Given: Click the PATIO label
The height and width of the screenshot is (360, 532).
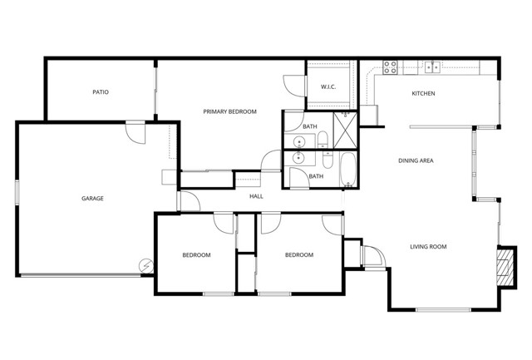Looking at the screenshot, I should [101, 92].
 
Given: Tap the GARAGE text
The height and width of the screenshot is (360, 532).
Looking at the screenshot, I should [92, 198].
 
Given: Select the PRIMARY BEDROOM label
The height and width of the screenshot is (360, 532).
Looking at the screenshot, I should [230, 111].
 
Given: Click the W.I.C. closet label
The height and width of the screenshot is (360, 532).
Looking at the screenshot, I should [328, 87].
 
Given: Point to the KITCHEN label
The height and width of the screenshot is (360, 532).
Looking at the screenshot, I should [423, 93].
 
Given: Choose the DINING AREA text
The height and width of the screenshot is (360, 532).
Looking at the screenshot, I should [416, 160].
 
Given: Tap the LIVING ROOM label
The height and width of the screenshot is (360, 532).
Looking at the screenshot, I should [428, 246].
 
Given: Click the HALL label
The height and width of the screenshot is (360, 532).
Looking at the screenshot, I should [256, 196].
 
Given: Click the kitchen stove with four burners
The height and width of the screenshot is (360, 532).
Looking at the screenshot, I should [390, 68].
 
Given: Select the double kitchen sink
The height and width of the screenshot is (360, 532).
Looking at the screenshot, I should [432, 67].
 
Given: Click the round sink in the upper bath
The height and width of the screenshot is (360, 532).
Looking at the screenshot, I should [299, 139].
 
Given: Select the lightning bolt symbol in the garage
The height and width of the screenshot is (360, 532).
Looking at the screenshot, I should [146, 265].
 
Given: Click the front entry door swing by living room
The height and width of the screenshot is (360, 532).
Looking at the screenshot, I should [373, 259].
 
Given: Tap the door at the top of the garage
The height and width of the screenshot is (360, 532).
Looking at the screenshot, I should [135, 132].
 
